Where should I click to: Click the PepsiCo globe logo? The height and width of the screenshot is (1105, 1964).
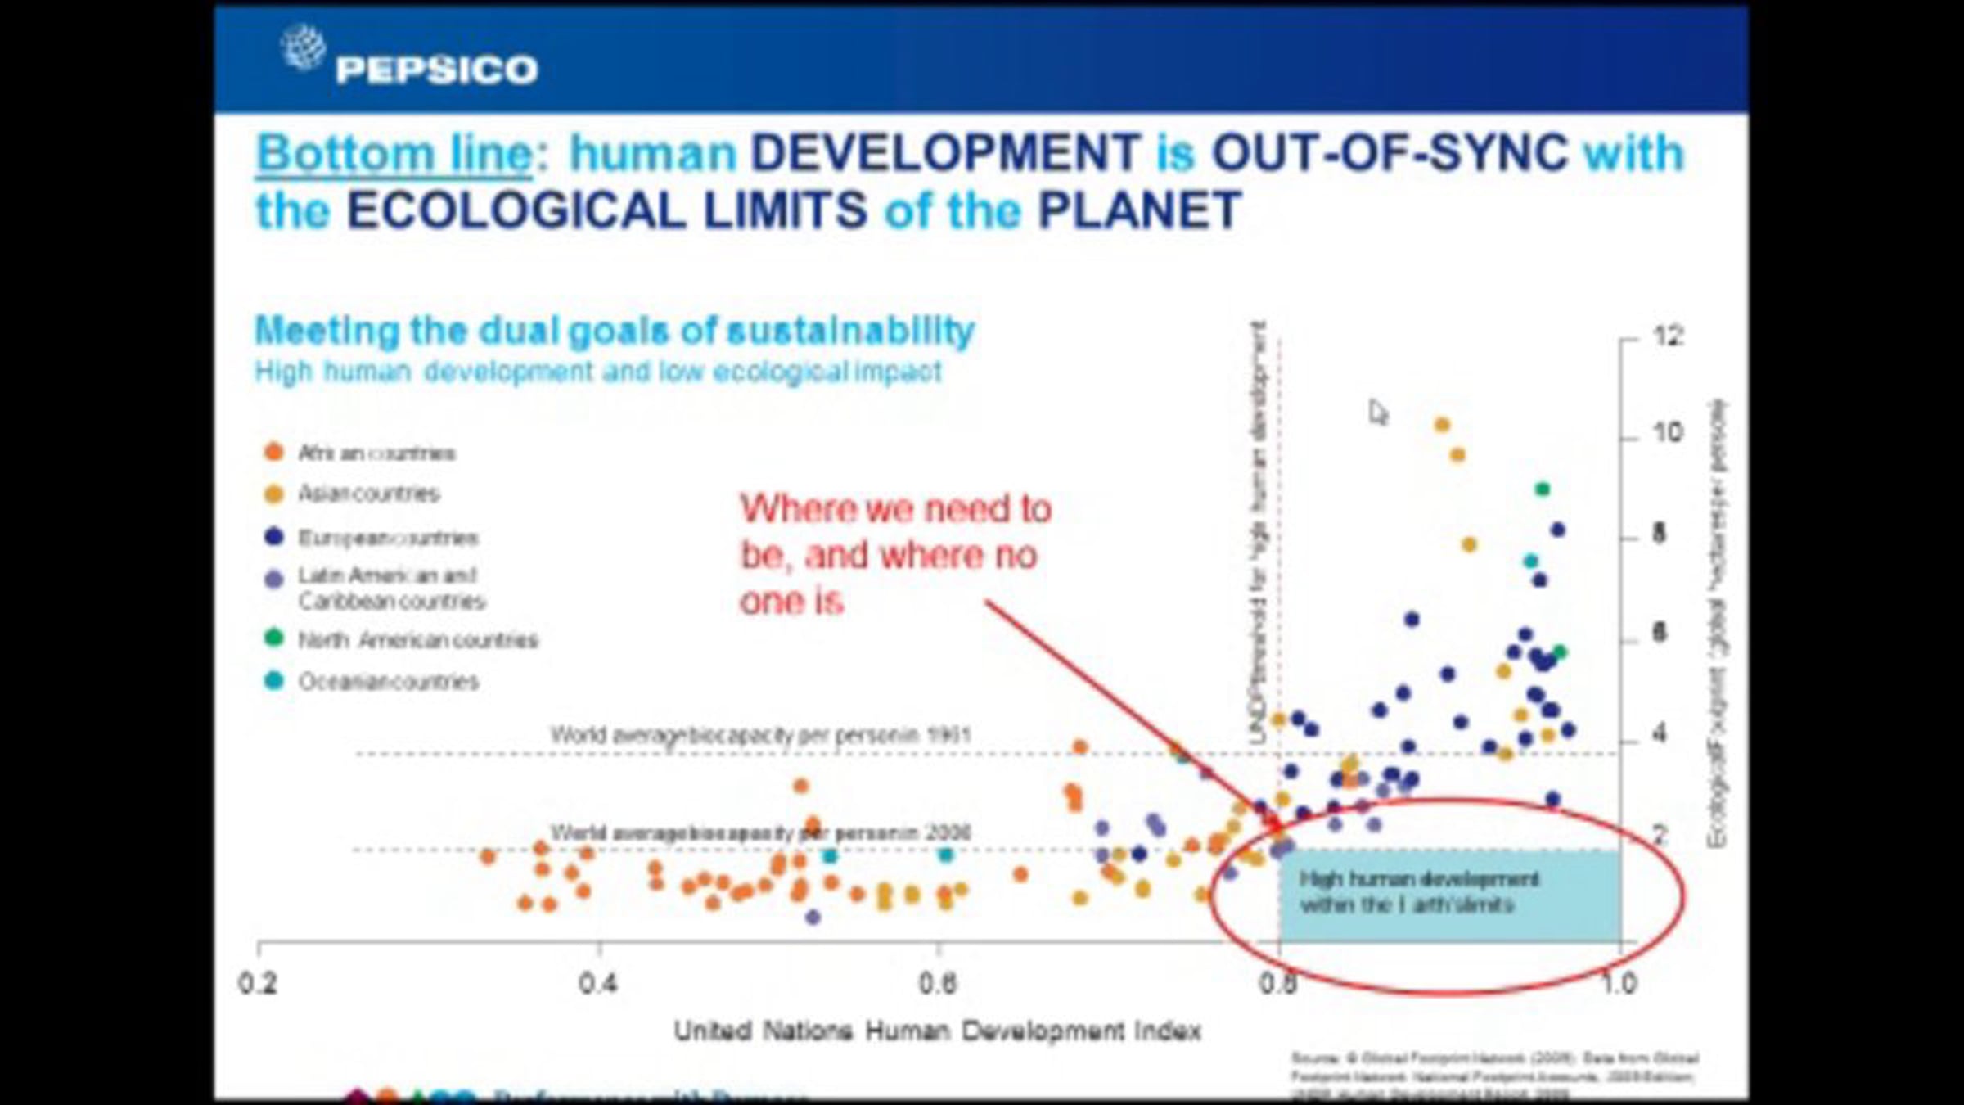[303, 47]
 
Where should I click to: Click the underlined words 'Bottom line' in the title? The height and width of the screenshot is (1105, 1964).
[395, 154]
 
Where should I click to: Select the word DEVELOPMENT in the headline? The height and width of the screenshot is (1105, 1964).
[945, 154]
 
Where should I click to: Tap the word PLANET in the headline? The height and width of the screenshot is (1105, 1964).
[1139, 211]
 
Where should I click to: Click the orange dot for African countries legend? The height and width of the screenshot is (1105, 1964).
[273, 452]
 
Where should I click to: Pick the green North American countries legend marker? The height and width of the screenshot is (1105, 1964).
[273, 638]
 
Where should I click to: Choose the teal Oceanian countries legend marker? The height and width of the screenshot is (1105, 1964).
[273, 680]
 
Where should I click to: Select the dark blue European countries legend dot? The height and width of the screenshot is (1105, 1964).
[273, 537]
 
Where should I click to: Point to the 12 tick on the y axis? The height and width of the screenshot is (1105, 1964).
[1668, 336]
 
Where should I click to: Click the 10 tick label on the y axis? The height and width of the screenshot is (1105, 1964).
[1668, 431]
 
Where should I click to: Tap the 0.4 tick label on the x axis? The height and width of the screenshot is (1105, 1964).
[598, 982]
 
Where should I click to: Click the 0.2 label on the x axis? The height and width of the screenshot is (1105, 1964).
[258, 982]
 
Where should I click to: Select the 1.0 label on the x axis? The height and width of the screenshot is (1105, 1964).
[1618, 982]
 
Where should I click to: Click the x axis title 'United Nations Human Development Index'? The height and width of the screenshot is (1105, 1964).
[937, 1031]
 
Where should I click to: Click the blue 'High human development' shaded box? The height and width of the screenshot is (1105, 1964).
[1448, 896]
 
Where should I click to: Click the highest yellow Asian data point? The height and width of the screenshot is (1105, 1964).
[1442, 425]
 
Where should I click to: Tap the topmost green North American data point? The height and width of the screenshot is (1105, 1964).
[1543, 489]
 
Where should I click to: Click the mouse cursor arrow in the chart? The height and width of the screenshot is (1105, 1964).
[1378, 412]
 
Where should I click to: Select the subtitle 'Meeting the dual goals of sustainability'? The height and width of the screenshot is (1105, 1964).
[615, 331]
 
